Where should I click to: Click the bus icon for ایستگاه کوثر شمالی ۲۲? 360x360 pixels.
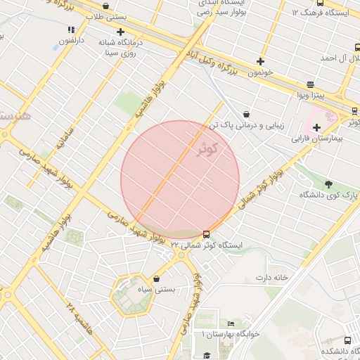[x=206, y=234]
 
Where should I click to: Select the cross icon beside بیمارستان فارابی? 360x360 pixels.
[x=317, y=127]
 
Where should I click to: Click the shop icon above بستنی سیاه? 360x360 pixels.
[x=155, y=280]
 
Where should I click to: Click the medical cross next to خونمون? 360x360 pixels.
[x=261, y=61]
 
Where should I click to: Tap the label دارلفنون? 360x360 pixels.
[x=71, y=41]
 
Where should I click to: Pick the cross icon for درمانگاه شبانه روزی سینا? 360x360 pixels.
[x=121, y=32]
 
